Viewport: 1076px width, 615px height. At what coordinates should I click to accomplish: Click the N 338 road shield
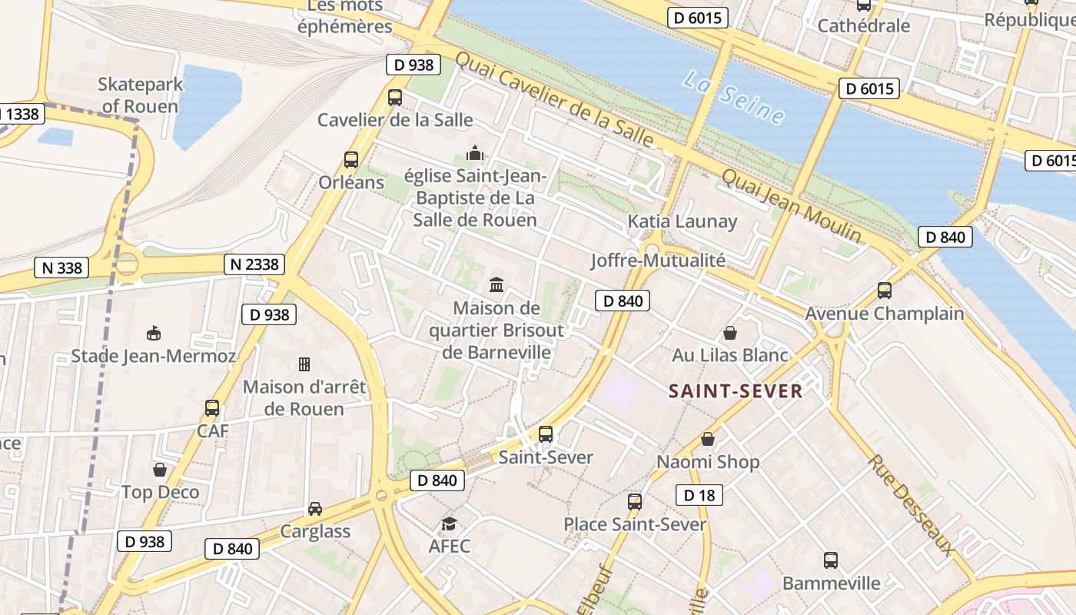(61, 268)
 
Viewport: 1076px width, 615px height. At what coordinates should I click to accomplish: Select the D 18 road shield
(699, 495)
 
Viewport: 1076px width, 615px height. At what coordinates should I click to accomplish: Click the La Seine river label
(734, 98)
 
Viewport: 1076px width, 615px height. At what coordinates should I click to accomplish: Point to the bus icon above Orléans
(351, 160)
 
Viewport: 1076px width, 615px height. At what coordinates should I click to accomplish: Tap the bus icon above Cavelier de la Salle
(395, 98)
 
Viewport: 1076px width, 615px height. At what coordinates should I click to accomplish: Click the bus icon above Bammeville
(831, 560)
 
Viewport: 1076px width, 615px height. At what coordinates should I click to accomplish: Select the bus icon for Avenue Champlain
(885, 291)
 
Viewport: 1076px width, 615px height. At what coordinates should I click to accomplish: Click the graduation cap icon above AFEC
(449, 524)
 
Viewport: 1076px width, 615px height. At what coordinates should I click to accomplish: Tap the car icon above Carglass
(315, 508)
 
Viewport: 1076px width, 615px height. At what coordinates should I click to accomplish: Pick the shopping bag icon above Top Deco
(160, 469)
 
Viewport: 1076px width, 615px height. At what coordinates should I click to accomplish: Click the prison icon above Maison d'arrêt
(304, 364)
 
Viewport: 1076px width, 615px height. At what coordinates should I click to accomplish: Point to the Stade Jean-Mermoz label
(154, 356)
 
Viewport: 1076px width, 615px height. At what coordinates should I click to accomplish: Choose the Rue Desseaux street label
(911, 504)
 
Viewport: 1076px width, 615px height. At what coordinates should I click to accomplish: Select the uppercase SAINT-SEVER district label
(736, 391)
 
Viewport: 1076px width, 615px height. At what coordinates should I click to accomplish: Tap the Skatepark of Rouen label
(141, 95)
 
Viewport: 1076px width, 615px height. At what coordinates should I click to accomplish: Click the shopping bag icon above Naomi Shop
(708, 439)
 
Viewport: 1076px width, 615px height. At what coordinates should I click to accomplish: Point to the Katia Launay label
(682, 222)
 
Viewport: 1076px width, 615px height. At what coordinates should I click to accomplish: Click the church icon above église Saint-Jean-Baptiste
(476, 153)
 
